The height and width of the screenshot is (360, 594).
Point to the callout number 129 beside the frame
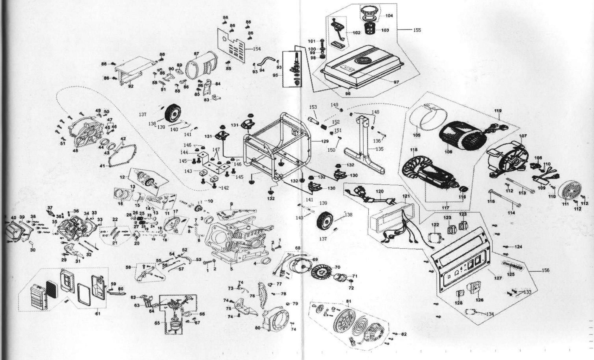[325, 141]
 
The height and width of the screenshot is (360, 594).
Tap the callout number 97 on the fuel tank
[396, 82]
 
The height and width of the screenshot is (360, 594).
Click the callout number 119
[498, 111]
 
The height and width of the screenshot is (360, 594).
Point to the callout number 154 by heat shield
[257, 49]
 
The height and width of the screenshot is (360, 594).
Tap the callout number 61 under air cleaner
[98, 314]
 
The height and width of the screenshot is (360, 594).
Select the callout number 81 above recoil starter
[349, 301]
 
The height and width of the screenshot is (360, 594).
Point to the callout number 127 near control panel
[498, 278]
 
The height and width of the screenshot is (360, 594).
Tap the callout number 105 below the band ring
[416, 135]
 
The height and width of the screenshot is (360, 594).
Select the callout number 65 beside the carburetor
[157, 323]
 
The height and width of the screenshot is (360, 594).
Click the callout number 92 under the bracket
[130, 86]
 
